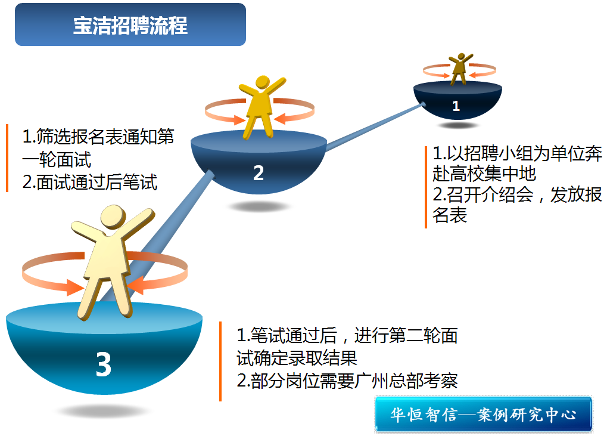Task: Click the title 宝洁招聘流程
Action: (x=130, y=26)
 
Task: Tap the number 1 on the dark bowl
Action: (x=456, y=106)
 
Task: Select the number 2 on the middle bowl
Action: (x=258, y=173)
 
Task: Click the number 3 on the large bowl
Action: (x=104, y=364)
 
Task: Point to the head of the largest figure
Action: (x=113, y=217)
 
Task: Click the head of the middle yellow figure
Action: (x=263, y=82)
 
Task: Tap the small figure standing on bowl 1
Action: (x=459, y=69)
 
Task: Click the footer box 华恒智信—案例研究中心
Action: (x=484, y=414)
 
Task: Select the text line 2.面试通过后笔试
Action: (x=90, y=182)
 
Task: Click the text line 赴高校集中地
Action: (x=484, y=174)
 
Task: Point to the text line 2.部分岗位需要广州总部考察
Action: (x=347, y=381)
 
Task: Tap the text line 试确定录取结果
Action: (x=297, y=358)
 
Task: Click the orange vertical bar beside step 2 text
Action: (x=7, y=158)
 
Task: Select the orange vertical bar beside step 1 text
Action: (x=426, y=187)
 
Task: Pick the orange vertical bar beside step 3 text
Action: (x=220, y=361)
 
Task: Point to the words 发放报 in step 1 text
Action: (x=576, y=194)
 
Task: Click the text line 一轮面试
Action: (x=57, y=159)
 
